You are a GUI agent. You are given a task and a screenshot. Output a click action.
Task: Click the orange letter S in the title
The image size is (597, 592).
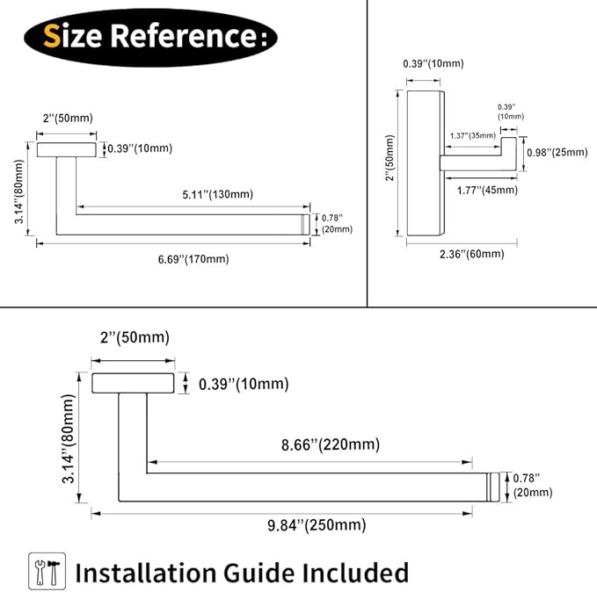click(52, 36)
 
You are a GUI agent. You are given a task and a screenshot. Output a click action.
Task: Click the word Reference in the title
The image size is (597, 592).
click(185, 36)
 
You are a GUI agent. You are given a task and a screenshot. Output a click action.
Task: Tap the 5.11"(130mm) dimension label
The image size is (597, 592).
click(217, 194)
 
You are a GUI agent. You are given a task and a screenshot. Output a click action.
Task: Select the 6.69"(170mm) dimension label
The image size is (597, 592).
click(193, 259)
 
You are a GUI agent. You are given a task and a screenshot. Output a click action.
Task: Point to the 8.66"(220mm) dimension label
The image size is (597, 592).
click(331, 444)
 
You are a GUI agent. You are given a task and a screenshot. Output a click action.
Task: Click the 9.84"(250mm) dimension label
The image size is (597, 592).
click(317, 525)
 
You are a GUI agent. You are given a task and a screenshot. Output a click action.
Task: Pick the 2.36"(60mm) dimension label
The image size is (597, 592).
click(472, 254)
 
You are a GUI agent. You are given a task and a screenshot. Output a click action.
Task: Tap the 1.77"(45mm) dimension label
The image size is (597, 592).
click(487, 190)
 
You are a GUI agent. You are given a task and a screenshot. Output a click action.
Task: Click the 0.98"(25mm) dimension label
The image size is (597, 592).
click(557, 153)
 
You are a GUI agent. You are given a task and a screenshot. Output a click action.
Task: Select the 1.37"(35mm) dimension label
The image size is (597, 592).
click(472, 136)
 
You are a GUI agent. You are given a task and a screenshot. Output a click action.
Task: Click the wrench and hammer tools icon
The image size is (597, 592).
click(47, 572)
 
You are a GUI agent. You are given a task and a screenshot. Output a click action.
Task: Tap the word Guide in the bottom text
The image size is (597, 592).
click(258, 573)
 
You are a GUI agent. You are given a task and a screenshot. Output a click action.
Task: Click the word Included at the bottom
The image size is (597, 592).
click(355, 572)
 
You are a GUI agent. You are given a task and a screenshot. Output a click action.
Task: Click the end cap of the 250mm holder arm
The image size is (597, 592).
click(493, 487)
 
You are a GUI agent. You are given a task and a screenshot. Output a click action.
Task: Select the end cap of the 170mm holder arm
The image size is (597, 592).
click(305, 225)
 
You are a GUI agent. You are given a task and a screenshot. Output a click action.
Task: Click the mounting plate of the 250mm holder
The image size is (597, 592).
click(133, 383)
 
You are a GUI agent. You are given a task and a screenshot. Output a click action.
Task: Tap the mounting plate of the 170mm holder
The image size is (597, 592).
click(67, 150)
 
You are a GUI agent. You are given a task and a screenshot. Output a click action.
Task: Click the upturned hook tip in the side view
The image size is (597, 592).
click(508, 146)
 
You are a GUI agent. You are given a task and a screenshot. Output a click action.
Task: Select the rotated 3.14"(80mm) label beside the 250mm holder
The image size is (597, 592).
click(69, 438)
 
